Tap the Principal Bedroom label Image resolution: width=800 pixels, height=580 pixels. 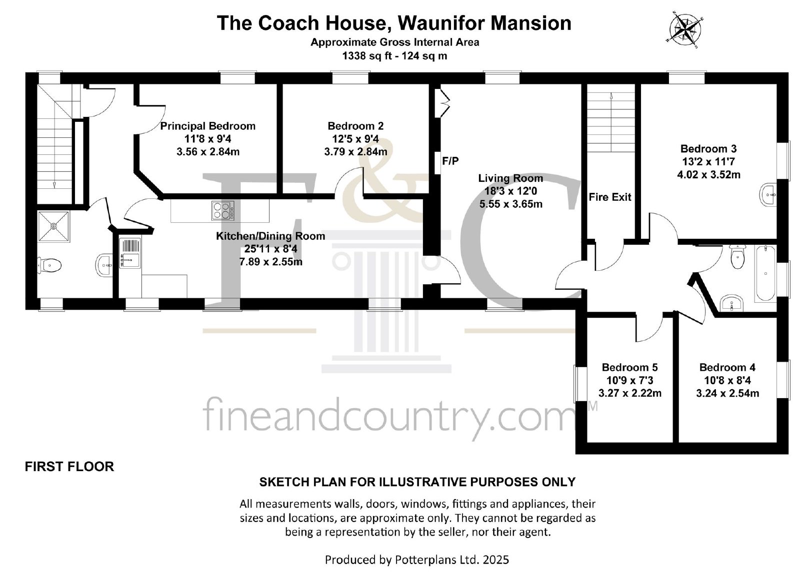(207, 126)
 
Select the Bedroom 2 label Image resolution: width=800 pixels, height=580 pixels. (355, 126)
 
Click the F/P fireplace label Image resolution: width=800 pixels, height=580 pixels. (450, 161)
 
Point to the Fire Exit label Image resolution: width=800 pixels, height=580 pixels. (609, 197)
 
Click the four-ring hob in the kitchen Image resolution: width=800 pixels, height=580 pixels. (223, 210)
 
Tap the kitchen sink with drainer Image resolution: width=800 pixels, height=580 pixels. (130, 253)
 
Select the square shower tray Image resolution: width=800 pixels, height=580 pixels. (53, 226)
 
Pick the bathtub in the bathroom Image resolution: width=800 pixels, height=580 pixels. (765, 273)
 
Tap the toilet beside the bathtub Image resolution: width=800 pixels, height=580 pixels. (736, 257)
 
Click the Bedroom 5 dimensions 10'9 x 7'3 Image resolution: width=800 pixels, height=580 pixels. (629, 380)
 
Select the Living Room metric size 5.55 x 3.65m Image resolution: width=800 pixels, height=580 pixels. (510, 204)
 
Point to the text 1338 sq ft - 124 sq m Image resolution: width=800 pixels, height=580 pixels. (394, 56)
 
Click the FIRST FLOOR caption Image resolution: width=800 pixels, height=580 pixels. (69, 467)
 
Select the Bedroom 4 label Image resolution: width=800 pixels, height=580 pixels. (727, 367)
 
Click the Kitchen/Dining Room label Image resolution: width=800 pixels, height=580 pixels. (270, 236)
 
